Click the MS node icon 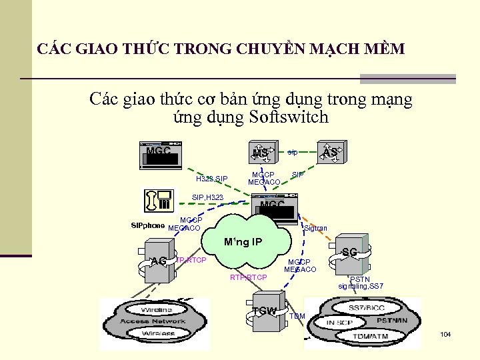[x=260, y=153]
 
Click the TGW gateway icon [x=265, y=311]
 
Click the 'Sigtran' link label [x=315, y=228]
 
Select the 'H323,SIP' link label [x=211, y=179]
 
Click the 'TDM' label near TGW [x=297, y=316]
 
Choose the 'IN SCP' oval [x=339, y=323]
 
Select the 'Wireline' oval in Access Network [x=157, y=309]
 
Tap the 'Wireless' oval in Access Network [x=157, y=333]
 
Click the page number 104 [x=446, y=333]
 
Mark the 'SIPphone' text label [x=147, y=225]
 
